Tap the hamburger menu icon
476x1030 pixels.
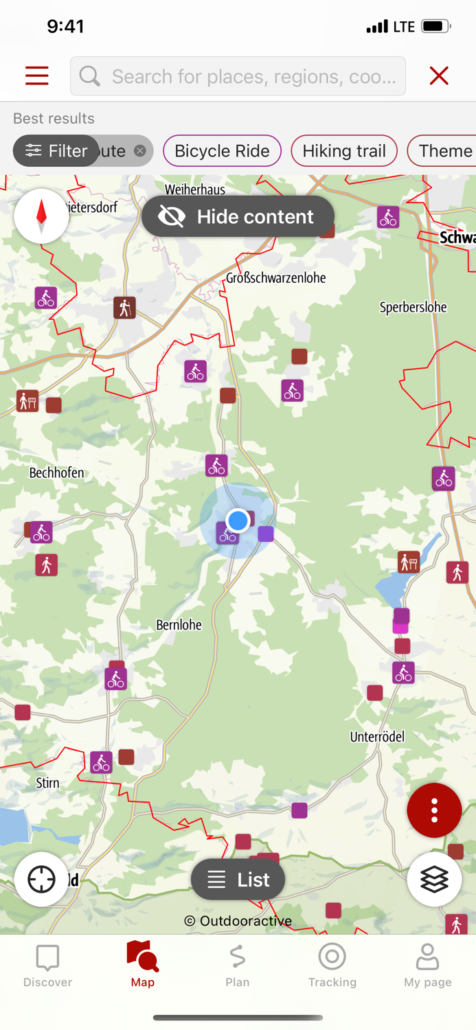click(x=37, y=76)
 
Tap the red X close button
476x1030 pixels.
click(x=439, y=76)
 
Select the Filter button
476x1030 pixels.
click(x=56, y=151)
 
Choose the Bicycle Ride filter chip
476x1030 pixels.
click(x=222, y=151)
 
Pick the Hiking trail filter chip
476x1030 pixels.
click(x=344, y=151)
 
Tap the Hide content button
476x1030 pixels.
click(x=238, y=217)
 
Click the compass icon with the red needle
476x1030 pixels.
click(x=41, y=216)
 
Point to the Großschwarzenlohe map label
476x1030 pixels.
click(x=276, y=278)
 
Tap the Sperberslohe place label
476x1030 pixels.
click(x=413, y=307)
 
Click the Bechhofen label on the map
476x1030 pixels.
click(x=57, y=472)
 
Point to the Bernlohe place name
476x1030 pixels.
click(x=179, y=625)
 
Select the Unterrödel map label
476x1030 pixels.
click(x=377, y=737)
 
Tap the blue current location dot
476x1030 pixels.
click(x=238, y=520)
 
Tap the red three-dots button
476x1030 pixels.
click(x=434, y=810)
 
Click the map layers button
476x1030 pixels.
click(x=434, y=880)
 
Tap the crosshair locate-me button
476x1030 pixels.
click(x=41, y=880)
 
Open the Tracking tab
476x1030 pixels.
click(x=332, y=964)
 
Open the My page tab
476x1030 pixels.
click(x=427, y=964)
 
